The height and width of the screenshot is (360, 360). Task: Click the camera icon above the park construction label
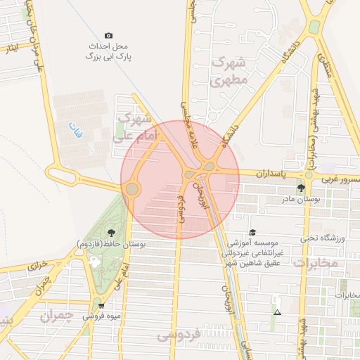[x=108, y=35]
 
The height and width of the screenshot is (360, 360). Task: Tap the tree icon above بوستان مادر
[x=302, y=188]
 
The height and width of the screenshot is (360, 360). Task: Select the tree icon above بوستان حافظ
[x=111, y=232]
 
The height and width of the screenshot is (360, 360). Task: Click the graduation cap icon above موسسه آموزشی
[x=252, y=232]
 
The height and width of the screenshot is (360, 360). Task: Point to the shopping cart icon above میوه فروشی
[x=103, y=306]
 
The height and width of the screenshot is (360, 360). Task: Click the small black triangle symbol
[x=277, y=312]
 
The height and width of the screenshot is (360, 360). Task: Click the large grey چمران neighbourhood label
[x=57, y=316]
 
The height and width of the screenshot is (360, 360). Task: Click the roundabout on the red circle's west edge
[x=132, y=188]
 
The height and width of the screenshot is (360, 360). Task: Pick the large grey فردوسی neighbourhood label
[x=180, y=334]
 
